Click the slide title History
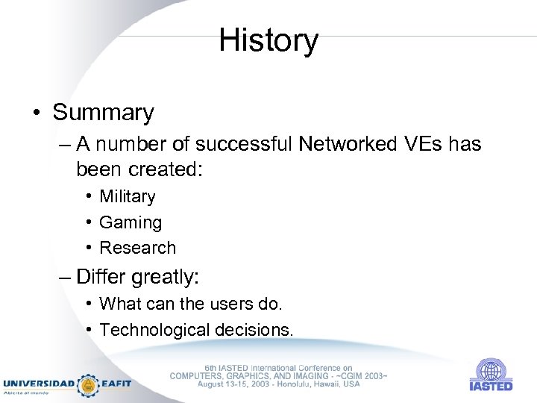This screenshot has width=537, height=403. (x=268, y=40)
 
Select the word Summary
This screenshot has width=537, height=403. (x=103, y=113)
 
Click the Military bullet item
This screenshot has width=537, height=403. (x=127, y=197)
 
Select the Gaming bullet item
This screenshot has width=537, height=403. (x=130, y=222)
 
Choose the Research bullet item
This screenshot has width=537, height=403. (x=137, y=248)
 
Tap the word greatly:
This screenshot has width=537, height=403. (x=165, y=278)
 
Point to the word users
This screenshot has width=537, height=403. (x=231, y=304)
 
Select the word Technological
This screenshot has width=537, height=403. (x=154, y=329)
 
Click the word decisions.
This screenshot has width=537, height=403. (x=254, y=329)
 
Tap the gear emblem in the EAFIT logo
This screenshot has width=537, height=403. (x=89, y=384)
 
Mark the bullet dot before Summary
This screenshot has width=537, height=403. (x=37, y=113)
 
